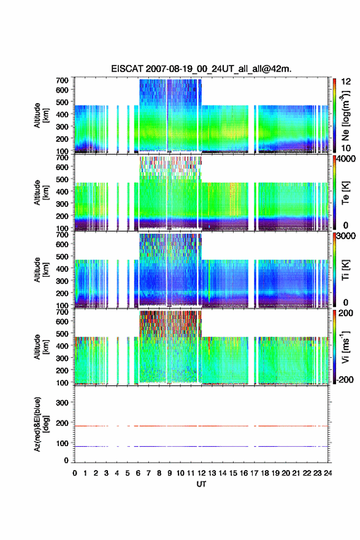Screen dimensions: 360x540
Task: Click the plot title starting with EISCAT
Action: [x=201, y=69]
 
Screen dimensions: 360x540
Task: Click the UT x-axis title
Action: [x=201, y=484]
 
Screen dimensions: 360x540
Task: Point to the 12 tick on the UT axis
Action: [x=201, y=473]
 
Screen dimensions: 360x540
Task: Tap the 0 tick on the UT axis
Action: [x=75, y=473]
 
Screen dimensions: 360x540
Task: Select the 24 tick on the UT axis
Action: [x=327, y=473]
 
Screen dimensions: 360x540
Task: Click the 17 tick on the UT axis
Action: [x=254, y=473]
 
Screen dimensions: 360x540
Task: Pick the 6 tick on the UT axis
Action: [x=138, y=473]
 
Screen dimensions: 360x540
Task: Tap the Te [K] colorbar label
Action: [x=345, y=193]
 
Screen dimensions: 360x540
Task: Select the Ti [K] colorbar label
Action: [x=345, y=270]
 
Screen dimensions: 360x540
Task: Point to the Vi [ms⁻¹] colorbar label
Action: [x=345, y=347]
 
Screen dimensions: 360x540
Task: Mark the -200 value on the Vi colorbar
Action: [x=345, y=379]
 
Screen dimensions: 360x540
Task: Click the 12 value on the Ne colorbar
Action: [x=346, y=81]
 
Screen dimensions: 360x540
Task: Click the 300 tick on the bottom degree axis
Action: [x=63, y=403]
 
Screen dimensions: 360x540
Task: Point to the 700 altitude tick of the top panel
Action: [x=63, y=80]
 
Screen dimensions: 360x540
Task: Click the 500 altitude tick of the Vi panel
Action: [x=63, y=333]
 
